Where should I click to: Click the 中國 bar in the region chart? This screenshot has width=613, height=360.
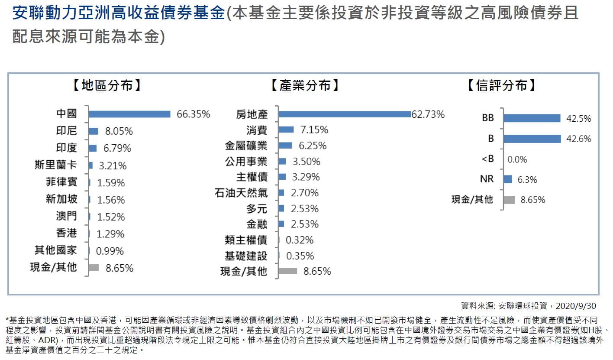click(129, 114)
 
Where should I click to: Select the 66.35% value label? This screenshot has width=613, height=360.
click(193, 114)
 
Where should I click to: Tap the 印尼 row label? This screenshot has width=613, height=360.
click(67, 131)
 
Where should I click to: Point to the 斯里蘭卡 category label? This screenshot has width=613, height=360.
click(56, 165)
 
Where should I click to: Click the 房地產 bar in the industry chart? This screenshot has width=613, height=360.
click(345, 114)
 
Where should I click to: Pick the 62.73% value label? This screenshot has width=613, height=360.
click(428, 114)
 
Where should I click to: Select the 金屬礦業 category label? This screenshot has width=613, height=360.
click(246, 146)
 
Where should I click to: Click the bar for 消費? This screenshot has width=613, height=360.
click(286, 130)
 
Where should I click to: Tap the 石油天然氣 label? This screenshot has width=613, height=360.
click(241, 193)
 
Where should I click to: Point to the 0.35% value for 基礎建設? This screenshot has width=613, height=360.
click(300, 256)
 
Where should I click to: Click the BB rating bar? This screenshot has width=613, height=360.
click(532, 118)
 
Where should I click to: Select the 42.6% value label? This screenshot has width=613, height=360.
click(579, 139)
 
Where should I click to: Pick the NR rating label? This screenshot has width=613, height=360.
click(487, 179)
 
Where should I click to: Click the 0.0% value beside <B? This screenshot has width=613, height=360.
click(517, 159)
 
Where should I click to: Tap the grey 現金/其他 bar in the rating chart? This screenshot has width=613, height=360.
click(510, 200)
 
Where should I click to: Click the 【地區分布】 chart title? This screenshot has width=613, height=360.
click(106, 85)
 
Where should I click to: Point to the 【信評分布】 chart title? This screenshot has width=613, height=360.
click(502, 85)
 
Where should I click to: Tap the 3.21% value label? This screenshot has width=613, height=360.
click(112, 165)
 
